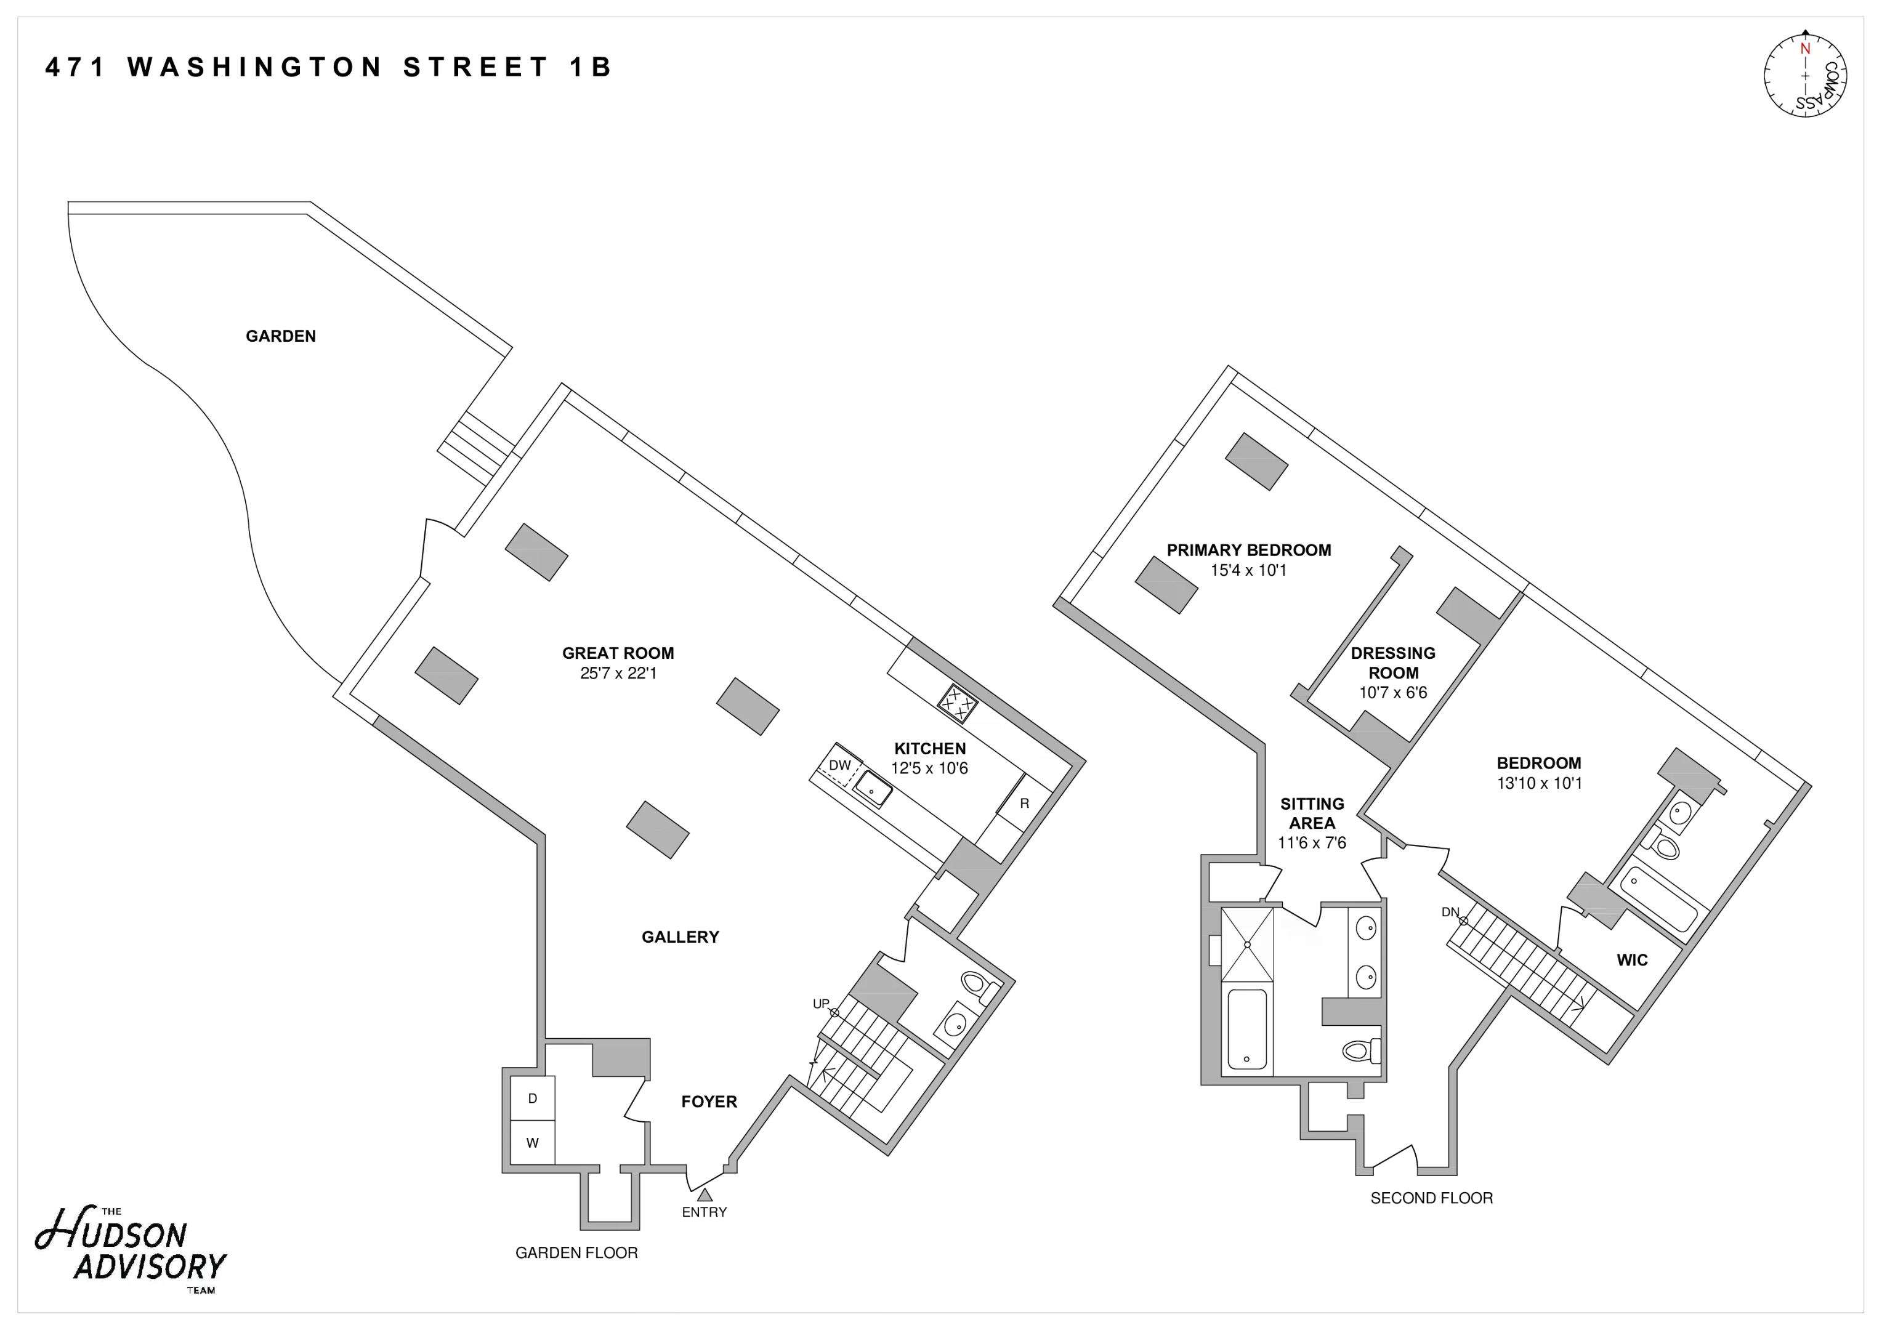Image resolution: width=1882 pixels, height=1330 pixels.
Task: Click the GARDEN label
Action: [280, 336]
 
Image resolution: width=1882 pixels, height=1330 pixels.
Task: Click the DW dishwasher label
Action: [839, 765]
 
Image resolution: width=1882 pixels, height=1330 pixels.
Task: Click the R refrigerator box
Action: [1024, 804]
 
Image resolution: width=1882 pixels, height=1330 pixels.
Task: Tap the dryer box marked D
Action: [532, 1098]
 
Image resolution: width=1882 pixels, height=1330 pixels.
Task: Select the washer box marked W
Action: [532, 1142]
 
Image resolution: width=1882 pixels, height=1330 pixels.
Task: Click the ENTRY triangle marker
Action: [704, 1195]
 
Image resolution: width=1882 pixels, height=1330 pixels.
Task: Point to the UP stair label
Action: [820, 1004]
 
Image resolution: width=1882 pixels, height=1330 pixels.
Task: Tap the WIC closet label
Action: [1631, 959]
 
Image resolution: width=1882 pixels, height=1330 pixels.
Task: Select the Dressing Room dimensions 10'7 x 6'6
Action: [1392, 693]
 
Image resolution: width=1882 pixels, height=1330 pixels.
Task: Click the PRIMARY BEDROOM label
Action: [1248, 550]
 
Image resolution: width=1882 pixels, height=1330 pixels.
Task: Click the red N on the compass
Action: [1804, 49]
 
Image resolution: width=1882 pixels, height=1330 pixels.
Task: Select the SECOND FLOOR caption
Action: [1431, 1198]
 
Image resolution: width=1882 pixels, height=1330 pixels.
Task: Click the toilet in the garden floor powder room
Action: [975, 983]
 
